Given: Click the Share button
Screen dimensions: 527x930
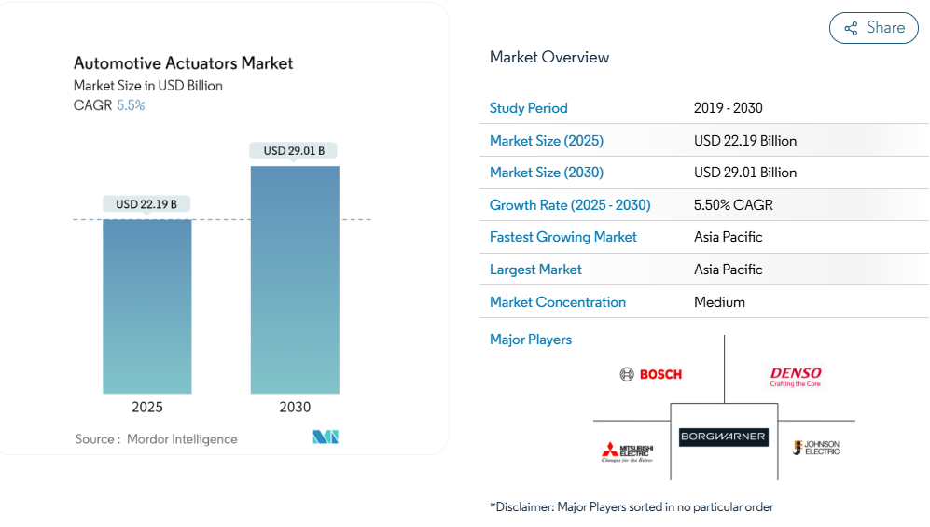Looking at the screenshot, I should tap(873, 28).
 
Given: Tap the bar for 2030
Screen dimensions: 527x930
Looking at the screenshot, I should tap(295, 280).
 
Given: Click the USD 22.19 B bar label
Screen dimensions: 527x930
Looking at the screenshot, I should tap(146, 204).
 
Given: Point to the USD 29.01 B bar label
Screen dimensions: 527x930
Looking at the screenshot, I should tap(295, 150).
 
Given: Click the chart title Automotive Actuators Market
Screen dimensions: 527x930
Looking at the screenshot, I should tap(184, 63).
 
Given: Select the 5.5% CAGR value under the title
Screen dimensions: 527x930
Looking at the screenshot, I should tap(131, 105).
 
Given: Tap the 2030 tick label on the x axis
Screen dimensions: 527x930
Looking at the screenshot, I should tap(295, 407).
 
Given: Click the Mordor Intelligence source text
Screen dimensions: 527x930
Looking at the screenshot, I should tap(182, 439).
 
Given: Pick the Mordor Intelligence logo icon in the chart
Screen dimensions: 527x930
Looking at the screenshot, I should tap(326, 437).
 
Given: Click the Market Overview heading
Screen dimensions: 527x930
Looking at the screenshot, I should tap(549, 57).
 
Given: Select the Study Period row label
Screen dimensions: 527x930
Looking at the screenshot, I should tap(529, 108).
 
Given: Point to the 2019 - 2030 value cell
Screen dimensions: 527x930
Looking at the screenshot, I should tap(729, 108).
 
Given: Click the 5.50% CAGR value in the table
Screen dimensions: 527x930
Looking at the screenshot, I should tap(734, 205).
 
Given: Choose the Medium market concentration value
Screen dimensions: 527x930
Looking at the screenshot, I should tap(720, 302).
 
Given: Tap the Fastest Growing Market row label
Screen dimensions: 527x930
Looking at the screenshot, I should tap(563, 237).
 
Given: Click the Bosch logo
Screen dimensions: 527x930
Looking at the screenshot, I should tap(651, 374).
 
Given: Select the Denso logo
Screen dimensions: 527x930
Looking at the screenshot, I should tap(796, 375).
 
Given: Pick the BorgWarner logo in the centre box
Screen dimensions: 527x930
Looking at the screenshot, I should tap(724, 436).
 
